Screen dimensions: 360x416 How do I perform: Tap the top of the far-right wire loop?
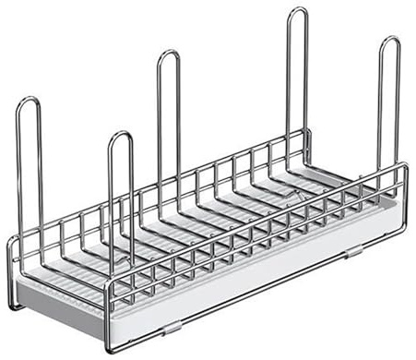390,40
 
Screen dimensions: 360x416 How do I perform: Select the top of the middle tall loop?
168,53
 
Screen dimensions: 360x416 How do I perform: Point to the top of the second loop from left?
121,135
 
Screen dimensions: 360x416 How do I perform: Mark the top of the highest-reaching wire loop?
297,10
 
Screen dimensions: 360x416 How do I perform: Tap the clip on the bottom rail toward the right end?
354,251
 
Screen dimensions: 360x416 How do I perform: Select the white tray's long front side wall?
249,277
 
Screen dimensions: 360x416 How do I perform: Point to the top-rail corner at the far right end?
405,166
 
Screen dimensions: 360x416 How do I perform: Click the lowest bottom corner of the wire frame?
111,349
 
